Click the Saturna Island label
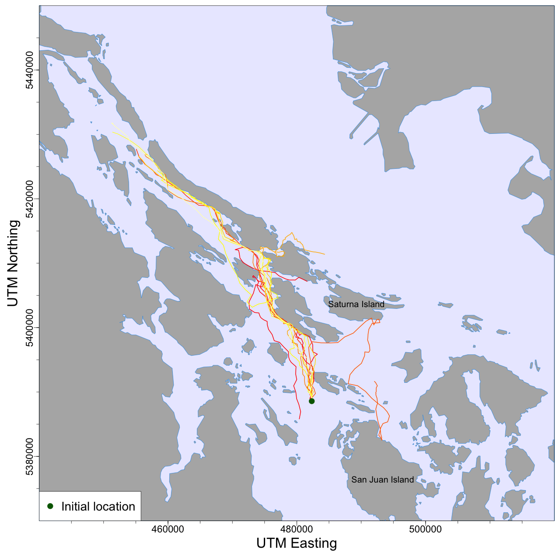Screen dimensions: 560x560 point(356,304)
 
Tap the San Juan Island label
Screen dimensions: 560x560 point(382,480)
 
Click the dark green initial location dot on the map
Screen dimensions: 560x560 point(311,401)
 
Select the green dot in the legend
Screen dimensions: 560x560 point(50,506)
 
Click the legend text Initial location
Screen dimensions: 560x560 point(98,507)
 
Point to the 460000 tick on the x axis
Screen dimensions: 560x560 point(168,529)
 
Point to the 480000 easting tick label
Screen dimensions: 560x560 point(297,529)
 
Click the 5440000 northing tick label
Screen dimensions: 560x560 point(29,70)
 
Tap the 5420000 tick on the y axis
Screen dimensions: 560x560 point(29,199)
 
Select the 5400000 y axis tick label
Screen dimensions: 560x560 point(29,327)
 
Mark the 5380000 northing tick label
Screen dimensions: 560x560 point(29,456)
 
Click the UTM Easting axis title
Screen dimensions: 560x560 point(297,543)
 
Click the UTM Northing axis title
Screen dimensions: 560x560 point(14,263)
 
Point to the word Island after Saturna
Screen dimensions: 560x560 point(372,304)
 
